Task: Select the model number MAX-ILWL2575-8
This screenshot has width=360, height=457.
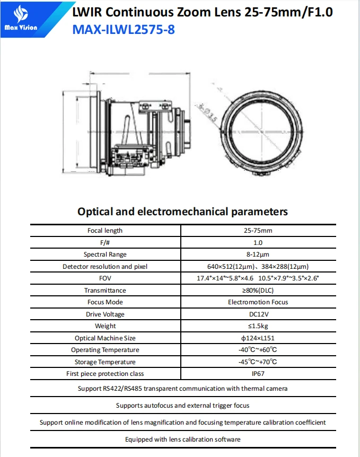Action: [x=123, y=29]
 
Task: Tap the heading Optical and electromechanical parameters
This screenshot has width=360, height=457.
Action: [x=182, y=212]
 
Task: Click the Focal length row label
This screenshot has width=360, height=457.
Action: [x=105, y=231]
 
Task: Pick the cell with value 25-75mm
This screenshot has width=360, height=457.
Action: [x=258, y=231]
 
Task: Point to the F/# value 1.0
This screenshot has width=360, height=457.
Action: [x=258, y=242]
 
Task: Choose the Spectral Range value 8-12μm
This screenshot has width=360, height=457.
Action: [x=258, y=254]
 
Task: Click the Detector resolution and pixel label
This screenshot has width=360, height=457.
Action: [x=105, y=267]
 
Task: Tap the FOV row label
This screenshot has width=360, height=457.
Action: [x=105, y=278]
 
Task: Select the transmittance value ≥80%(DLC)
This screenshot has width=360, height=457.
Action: [x=258, y=291]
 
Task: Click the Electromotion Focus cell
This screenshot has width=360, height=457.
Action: [x=258, y=302]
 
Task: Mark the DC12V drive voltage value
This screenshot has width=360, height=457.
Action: [x=258, y=314]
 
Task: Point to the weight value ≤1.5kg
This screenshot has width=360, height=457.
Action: [x=258, y=326]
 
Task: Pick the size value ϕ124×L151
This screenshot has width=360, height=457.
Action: [x=258, y=338]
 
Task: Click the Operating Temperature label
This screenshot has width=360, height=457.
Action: [x=105, y=350]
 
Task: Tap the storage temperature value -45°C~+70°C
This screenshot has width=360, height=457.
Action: [x=258, y=362]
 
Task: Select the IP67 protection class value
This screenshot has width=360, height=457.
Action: [x=258, y=374]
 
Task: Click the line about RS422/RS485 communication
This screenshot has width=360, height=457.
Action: [x=182, y=389]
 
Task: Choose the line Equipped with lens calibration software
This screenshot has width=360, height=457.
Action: [x=182, y=440]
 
